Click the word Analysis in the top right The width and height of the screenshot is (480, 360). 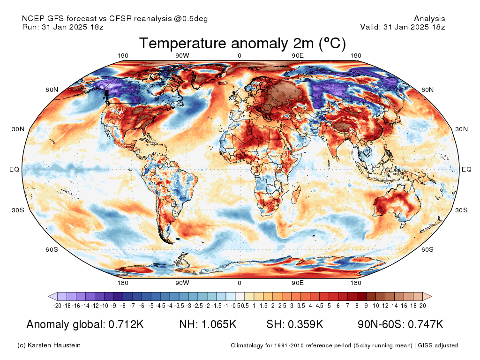[429, 19]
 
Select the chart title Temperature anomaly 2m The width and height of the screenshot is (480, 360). [242, 44]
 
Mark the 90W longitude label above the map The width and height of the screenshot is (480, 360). [182, 56]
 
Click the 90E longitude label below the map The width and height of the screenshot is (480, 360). [298, 283]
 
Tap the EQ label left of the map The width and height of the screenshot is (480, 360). [15, 169]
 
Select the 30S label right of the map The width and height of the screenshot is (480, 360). [462, 210]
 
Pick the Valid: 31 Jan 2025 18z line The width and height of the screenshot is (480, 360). [402, 27]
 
